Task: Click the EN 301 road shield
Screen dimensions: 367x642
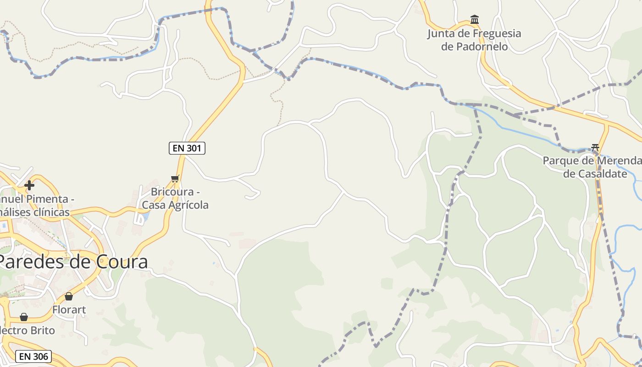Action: pyautogui.click(x=187, y=148)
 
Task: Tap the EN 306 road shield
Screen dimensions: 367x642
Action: pyautogui.click(x=33, y=356)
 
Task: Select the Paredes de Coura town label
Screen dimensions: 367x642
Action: pyautogui.click(x=73, y=262)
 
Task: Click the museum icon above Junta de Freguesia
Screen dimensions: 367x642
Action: pyautogui.click(x=475, y=20)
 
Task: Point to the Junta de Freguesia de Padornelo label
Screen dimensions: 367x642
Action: pyautogui.click(x=474, y=40)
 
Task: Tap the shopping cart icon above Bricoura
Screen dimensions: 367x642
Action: pyautogui.click(x=175, y=178)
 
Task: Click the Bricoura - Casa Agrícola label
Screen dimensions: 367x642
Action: pyautogui.click(x=175, y=199)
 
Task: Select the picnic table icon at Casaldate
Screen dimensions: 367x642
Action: pyautogui.click(x=595, y=147)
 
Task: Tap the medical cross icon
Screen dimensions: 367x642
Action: pyautogui.click(x=29, y=185)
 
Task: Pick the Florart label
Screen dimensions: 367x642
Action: pyautogui.click(x=69, y=310)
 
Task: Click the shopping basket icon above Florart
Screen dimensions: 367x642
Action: pyautogui.click(x=69, y=296)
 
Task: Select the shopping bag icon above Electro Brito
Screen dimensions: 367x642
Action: pyautogui.click(x=24, y=317)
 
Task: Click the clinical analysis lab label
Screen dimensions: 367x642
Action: pyautogui.click(x=35, y=206)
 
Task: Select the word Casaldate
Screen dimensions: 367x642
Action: pyautogui.click(x=595, y=174)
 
